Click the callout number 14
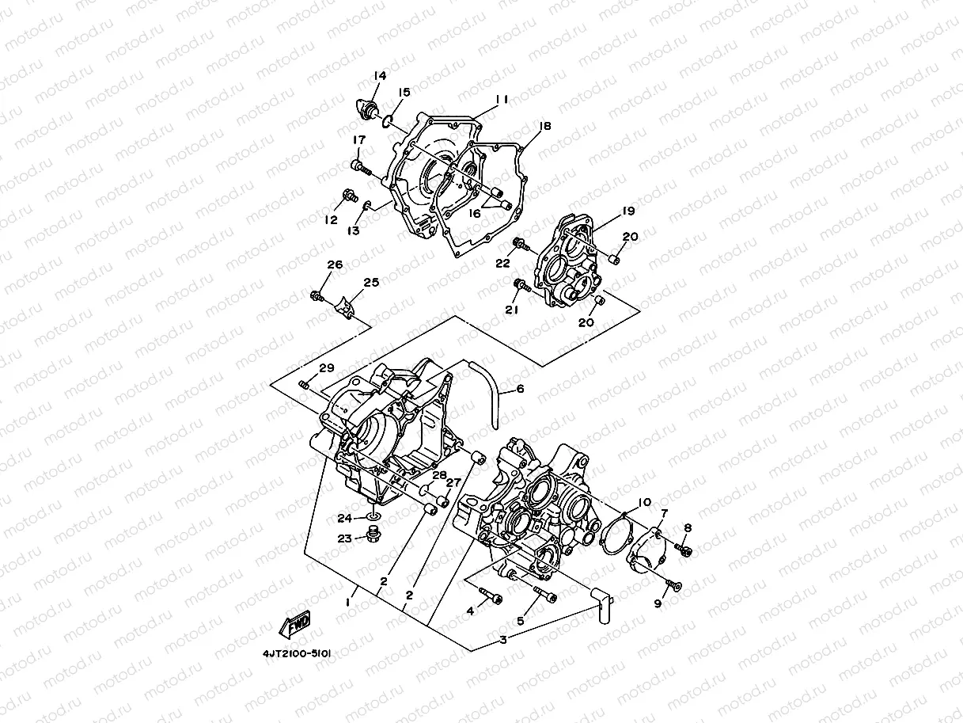coord(380,76)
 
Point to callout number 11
coord(501,100)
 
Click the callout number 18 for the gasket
coord(544,127)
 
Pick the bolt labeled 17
coord(360,166)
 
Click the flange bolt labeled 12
coord(348,194)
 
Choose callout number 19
coord(628,211)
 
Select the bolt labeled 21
coord(519,283)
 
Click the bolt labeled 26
coord(318,296)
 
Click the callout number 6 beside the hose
coord(520,389)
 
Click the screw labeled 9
coord(673,585)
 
